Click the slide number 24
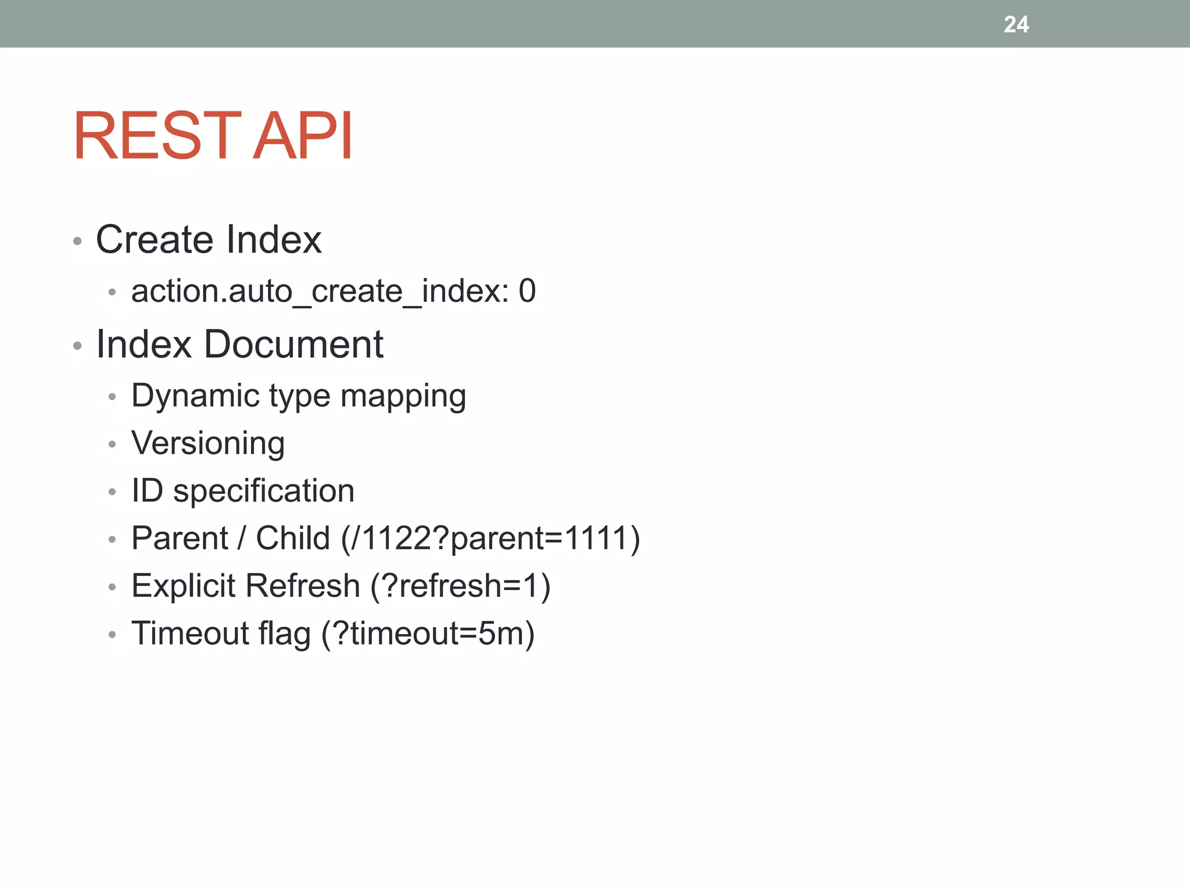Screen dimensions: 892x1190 [1016, 24]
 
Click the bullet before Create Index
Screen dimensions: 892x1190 [78, 241]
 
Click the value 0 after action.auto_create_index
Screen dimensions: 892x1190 [527, 290]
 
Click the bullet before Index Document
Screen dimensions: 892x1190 [78, 346]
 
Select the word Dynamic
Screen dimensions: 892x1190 [195, 397]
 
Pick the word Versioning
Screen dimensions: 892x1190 [208, 444]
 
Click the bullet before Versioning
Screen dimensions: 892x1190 [112, 445]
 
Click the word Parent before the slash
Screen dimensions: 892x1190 [180, 538]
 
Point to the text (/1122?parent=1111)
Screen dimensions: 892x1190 [490, 538]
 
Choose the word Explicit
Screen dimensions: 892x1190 [188, 585]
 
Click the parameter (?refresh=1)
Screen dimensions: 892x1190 [460, 585]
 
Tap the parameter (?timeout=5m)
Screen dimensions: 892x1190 [428, 633]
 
